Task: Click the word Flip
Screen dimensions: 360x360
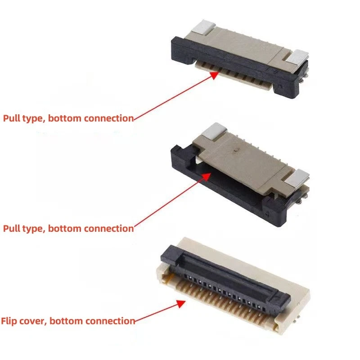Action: point(9,321)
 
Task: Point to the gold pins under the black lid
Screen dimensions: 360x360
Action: point(225,306)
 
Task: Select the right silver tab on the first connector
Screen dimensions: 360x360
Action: point(297,56)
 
